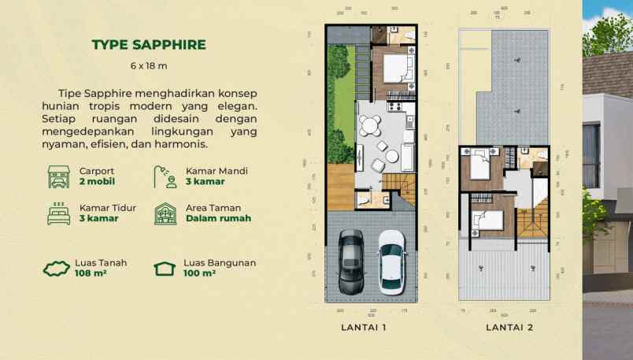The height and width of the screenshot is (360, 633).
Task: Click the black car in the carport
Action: [x=350, y=262]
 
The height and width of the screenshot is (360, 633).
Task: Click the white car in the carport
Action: [x=391, y=262]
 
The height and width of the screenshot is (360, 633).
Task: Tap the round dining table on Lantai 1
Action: [x=369, y=127]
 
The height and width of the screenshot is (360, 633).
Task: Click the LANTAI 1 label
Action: [x=363, y=327]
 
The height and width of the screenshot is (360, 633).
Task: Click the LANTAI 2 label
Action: [x=509, y=327]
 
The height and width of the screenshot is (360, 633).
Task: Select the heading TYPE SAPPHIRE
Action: [x=149, y=44]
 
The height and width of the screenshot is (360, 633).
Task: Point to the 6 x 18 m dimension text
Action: [x=149, y=65]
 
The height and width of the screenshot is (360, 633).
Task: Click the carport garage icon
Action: [x=58, y=176]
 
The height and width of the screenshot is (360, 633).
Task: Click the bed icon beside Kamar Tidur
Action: [x=58, y=213]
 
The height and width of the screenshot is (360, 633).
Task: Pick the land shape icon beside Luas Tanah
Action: [x=57, y=269]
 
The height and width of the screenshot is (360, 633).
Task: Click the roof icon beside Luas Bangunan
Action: [x=165, y=269]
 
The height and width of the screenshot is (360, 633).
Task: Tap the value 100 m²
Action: [x=200, y=273]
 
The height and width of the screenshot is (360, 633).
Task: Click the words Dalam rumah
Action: [x=218, y=218]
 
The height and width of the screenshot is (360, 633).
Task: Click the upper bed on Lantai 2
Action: [x=479, y=165]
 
